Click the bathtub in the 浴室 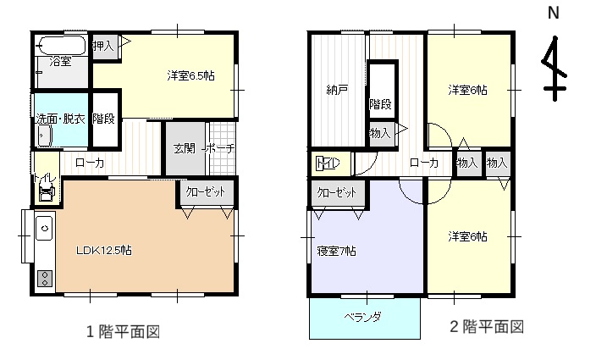[x=62, y=46]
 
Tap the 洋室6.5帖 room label [x=190, y=75]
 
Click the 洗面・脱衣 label [x=61, y=119]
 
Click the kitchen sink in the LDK [x=45, y=228]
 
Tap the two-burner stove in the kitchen [x=45, y=278]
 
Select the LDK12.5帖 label [x=104, y=251]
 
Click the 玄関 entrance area [x=185, y=148]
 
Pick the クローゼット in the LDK [x=206, y=191]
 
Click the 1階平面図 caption [x=123, y=332]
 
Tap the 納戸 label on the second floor [x=337, y=91]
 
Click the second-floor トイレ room [x=331, y=163]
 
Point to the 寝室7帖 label [x=336, y=251]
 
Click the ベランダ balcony [x=365, y=318]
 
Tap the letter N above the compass [x=554, y=13]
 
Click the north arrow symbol [x=555, y=69]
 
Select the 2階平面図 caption [x=487, y=327]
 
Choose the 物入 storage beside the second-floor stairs [x=382, y=134]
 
